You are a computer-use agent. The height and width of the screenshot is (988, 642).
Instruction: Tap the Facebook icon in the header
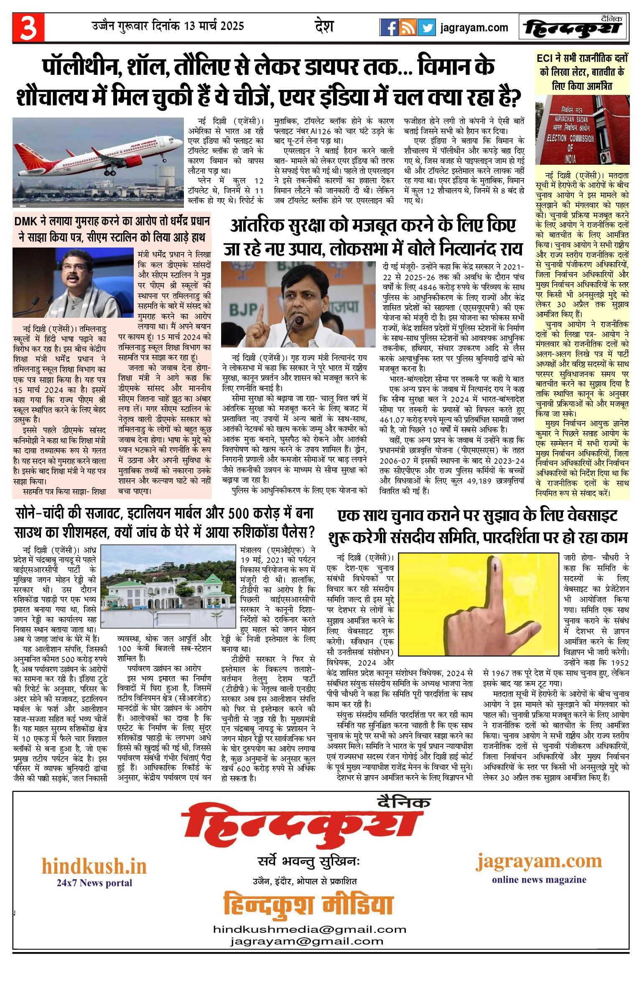click(389, 28)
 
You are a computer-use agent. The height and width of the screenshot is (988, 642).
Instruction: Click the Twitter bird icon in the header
click(426, 28)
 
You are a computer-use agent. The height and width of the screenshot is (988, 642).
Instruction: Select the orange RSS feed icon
click(408, 28)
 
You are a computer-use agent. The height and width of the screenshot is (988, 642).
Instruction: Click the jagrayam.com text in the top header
click(474, 28)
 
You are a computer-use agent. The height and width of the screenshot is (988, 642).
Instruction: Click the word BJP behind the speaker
click(243, 309)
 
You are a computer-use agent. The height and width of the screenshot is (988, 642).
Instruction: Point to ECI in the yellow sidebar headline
click(546, 58)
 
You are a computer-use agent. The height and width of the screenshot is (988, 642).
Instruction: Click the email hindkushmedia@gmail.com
click(310, 929)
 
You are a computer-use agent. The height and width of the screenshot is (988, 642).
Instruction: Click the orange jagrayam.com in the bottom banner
click(539, 861)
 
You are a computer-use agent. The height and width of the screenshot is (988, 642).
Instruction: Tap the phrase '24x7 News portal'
click(94, 883)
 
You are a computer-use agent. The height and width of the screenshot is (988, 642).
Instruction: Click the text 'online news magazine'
click(539, 879)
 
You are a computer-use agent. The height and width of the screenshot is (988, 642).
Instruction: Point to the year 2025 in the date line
click(232, 26)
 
